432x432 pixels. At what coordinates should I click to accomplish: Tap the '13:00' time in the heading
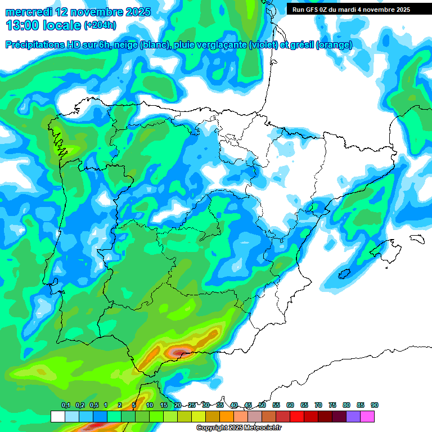(22, 25)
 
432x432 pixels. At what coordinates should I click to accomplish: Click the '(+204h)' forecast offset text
(100, 25)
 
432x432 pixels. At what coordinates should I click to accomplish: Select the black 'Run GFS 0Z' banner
(351, 10)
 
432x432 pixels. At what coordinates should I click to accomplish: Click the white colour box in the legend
(57, 416)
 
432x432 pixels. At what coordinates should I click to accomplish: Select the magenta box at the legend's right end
(367, 416)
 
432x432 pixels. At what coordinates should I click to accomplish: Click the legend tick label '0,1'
(66, 406)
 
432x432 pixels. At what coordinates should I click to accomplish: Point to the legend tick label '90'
(375, 406)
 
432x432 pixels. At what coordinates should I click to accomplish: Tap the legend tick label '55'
(276, 406)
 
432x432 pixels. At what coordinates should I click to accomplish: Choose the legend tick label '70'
(318, 406)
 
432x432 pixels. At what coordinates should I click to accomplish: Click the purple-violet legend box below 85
(353, 416)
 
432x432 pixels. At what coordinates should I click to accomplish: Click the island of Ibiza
(345, 274)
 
